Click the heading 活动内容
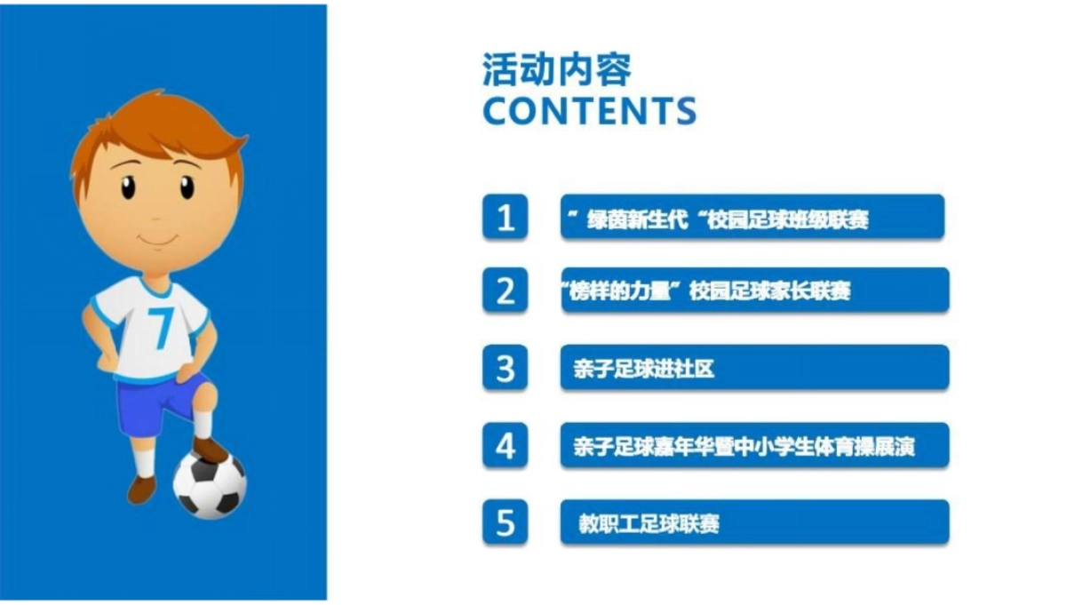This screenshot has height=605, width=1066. pyautogui.click(x=557, y=70)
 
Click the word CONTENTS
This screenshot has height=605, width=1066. pyautogui.click(x=589, y=110)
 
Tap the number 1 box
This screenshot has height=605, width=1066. pyautogui.click(x=505, y=218)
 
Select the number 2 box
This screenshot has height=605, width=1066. pyautogui.click(x=505, y=291)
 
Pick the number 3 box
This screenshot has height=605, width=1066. pyautogui.click(x=505, y=368)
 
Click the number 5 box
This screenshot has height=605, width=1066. pyautogui.click(x=505, y=522)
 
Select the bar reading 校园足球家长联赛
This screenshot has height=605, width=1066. pyautogui.click(x=753, y=291)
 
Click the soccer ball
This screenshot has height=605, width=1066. pyautogui.click(x=210, y=485)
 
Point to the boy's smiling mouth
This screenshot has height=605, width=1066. pyautogui.click(x=157, y=240)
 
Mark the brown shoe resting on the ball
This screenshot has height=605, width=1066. pyautogui.click(x=211, y=449)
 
